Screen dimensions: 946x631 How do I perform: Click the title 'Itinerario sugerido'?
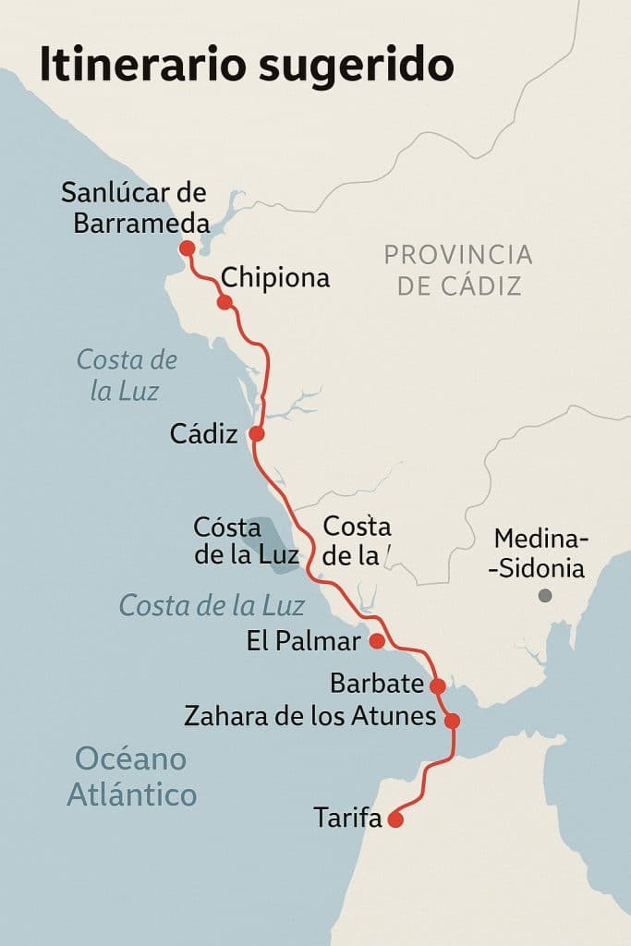(246, 66)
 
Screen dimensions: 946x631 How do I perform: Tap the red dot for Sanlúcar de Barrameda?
(187, 248)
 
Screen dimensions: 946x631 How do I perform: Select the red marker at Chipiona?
(224, 302)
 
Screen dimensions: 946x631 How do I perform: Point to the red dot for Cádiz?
(257, 433)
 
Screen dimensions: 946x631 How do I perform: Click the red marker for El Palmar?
(376, 640)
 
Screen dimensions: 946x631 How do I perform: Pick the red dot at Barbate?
(438, 685)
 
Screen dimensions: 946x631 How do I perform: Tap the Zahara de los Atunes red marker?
(452, 721)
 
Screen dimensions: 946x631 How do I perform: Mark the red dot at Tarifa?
(396, 819)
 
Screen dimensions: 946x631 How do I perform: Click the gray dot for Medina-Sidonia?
(545, 596)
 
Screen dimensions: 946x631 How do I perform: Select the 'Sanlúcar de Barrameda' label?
(134, 208)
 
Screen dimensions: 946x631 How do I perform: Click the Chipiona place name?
(275, 278)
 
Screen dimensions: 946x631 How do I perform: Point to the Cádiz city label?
(204, 434)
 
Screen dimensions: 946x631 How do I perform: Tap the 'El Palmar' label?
(302, 641)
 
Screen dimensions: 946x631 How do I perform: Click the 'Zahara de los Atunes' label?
(309, 716)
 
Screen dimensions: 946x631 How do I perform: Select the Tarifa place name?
(347, 818)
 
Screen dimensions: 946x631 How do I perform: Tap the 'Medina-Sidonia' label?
(541, 553)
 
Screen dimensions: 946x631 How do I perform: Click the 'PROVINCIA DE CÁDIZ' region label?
(458, 269)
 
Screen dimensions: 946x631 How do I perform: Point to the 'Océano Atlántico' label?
(131, 777)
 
